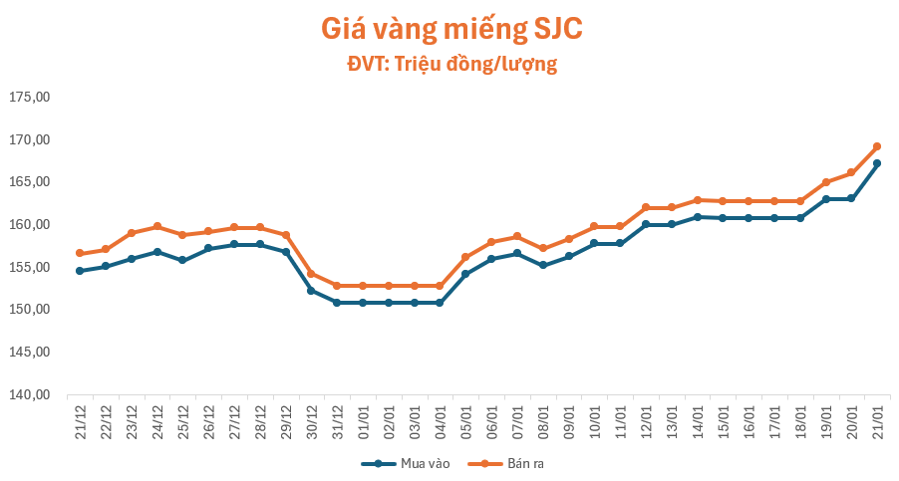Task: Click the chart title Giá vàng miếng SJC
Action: click(x=451, y=29)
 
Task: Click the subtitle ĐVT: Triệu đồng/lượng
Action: click(x=451, y=64)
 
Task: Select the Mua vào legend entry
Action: click(x=406, y=463)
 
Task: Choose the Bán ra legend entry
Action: click(x=505, y=463)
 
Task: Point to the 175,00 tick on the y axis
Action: click(x=30, y=97)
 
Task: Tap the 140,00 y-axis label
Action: click(x=30, y=394)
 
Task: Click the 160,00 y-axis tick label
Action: click(x=30, y=224)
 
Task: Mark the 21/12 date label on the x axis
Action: click(x=81, y=422)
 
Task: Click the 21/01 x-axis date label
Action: click(x=877, y=422)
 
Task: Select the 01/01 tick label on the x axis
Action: click(x=363, y=422)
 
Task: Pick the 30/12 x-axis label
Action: click(x=311, y=422)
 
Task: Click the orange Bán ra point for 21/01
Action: click(x=877, y=146)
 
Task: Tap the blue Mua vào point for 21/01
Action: click(x=877, y=163)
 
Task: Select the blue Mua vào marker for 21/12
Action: click(x=80, y=271)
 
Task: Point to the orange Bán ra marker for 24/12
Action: click(x=157, y=227)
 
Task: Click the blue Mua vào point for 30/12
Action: click(x=311, y=291)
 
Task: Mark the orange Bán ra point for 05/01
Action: click(x=465, y=257)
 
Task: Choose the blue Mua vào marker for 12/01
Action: click(x=646, y=224)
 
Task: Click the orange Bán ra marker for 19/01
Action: click(x=825, y=182)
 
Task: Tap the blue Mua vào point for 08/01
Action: click(x=543, y=265)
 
